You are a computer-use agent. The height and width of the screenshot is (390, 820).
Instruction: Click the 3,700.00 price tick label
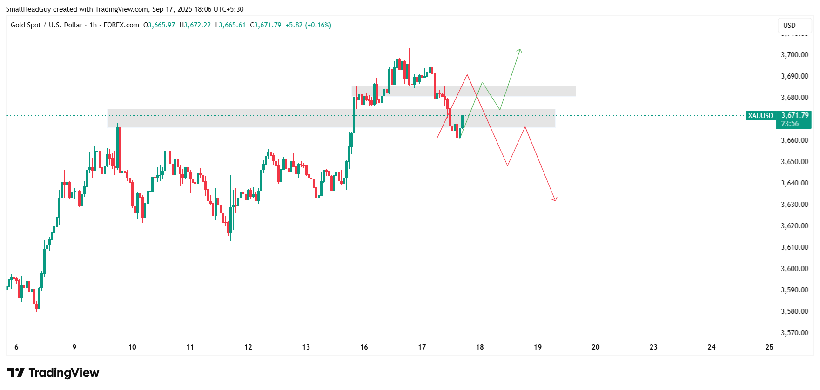[794, 55]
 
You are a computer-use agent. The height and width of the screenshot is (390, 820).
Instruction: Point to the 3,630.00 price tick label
[794, 205]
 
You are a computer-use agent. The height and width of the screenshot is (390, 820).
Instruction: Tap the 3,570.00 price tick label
[794, 333]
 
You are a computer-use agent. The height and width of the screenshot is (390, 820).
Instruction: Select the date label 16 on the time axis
[364, 347]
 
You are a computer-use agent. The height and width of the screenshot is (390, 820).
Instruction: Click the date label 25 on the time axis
[769, 347]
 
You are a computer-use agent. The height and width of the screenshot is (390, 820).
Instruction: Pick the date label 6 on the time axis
[16, 347]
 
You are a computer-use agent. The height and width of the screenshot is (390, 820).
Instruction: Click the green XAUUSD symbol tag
[760, 116]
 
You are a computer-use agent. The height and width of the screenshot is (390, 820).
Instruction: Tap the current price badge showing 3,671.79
[795, 115]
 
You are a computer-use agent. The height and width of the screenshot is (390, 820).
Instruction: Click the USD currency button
[789, 26]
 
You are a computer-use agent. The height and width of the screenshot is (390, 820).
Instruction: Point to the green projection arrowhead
[520, 50]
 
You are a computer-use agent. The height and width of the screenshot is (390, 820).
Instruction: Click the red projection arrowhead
[555, 200]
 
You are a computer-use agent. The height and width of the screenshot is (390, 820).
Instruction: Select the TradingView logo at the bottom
[53, 373]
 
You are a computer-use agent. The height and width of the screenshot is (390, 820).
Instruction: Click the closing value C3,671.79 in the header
[266, 25]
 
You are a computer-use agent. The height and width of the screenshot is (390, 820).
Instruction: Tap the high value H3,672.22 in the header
[195, 25]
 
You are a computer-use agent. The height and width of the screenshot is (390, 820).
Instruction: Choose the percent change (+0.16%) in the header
[318, 25]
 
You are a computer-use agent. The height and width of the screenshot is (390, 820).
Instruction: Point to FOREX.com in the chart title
[121, 25]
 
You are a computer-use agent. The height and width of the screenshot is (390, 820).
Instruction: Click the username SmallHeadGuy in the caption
[28, 9]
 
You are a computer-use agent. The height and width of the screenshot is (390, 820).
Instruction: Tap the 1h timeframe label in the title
[93, 25]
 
